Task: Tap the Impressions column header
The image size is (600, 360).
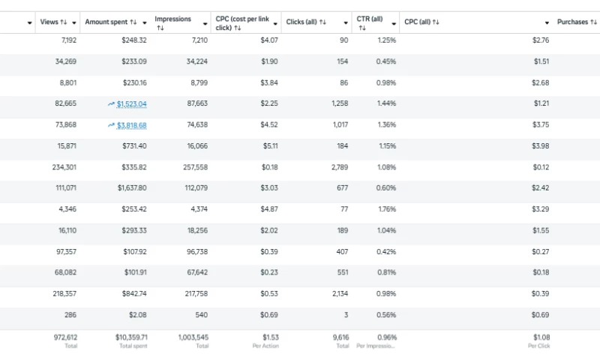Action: tap(172, 19)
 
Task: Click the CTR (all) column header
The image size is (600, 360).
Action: tap(370, 19)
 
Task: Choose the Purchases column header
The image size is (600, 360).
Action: tap(572, 22)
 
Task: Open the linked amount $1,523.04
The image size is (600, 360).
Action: tap(132, 104)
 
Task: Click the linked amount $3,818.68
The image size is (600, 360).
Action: tap(132, 125)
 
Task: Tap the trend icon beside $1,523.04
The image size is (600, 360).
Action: tap(111, 104)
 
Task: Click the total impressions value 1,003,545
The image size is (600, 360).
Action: tap(193, 338)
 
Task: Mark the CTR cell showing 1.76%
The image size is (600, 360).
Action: tap(386, 209)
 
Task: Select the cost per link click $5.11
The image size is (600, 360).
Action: tap(269, 146)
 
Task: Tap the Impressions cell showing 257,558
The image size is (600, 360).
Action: tap(193, 167)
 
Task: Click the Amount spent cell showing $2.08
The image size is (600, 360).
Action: tap(137, 315)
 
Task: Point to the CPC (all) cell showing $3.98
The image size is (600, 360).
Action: tap(541, 146)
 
